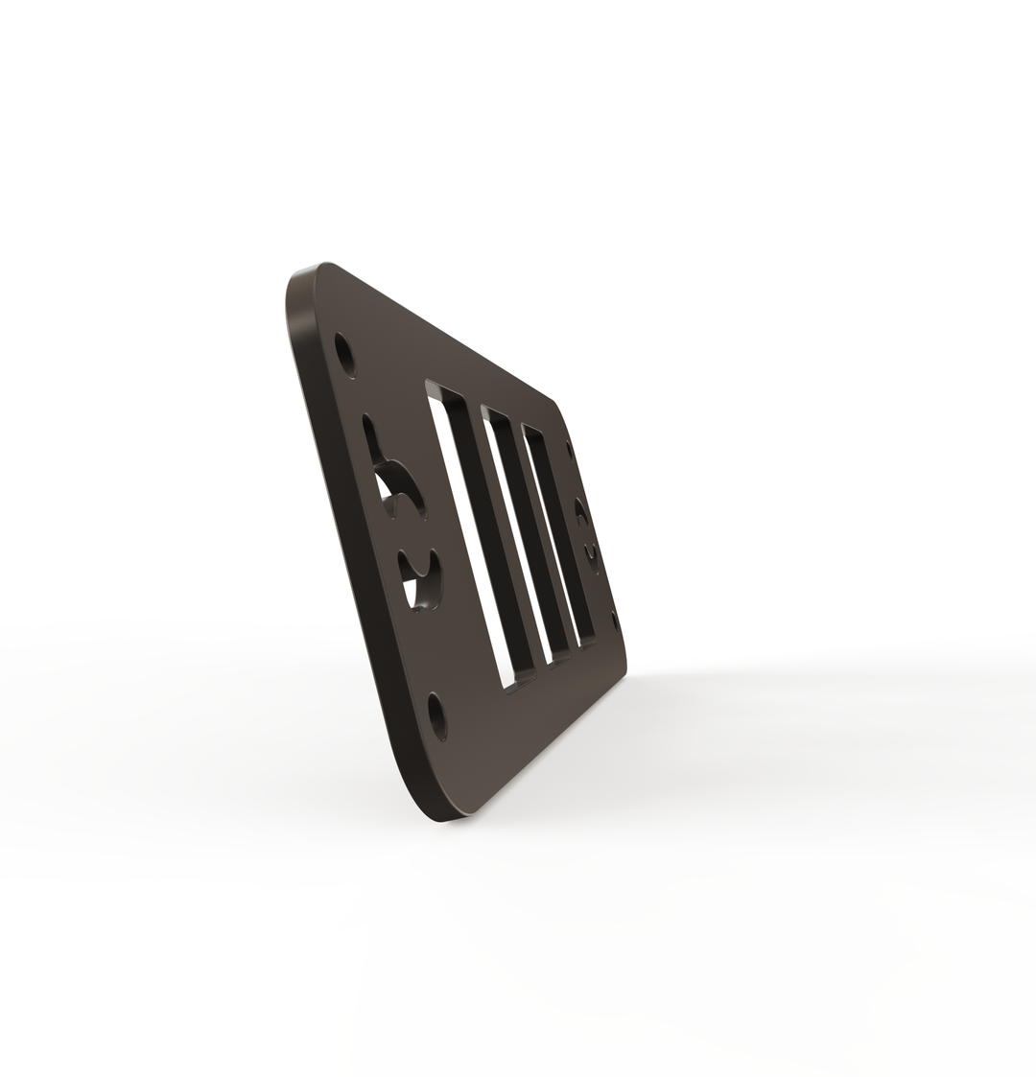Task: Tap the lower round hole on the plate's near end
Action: click(438, 715)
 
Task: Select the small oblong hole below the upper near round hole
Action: click(367, 427)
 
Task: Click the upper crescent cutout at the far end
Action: click(581, 512)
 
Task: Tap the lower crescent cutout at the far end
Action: click(593, 557)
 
